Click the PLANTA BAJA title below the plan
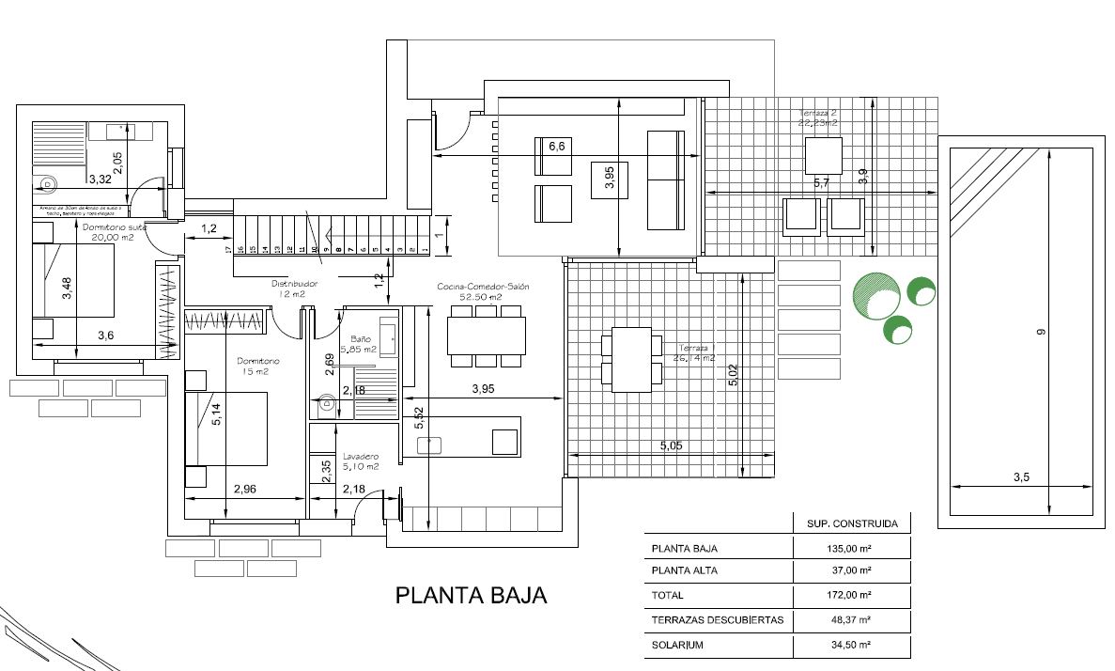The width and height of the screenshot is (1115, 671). click(x=471, y=596)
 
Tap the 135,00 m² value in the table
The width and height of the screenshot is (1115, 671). click(x=852, y=548)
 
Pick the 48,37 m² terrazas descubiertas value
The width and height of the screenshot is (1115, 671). click(x=852, y=620)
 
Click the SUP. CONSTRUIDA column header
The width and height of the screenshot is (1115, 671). click(x=852, y=523)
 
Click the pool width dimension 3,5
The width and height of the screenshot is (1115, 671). click(x=1022, y=477)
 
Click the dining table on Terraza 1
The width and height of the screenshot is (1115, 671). click(x=631, y=359)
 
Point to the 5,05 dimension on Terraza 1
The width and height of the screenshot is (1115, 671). click(x=671, y=446)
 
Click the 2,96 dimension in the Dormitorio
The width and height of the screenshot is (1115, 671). click(x=244, y=488)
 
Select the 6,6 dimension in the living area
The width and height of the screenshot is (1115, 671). click(x=556, y=146)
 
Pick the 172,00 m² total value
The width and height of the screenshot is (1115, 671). click(x=852, y=596)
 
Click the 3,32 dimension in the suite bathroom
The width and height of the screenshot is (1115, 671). click(x=100, y=178)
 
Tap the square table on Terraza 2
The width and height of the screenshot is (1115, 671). click(x=823, y=155)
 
